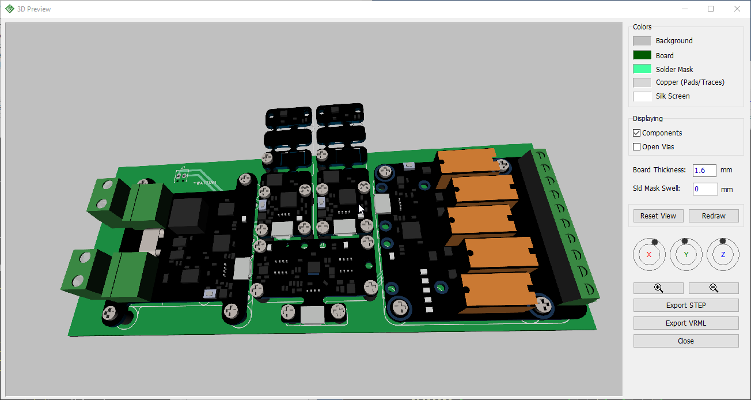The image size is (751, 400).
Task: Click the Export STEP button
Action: (x=685, y=305)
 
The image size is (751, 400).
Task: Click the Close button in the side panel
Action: (x=685, y=341)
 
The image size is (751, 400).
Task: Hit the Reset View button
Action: (x=658, y=216)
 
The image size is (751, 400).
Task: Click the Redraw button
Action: (x=714, y=216)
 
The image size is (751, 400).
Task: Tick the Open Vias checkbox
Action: (x=636, y=146)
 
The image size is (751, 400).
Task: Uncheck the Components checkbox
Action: (x=636, y=133)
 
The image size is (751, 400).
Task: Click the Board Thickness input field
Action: (x=704, y=170)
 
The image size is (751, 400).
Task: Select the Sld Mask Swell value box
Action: (x=705, y=189)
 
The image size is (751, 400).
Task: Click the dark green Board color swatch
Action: (x=642, y=55)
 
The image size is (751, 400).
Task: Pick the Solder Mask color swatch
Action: (x=642, y=69)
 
